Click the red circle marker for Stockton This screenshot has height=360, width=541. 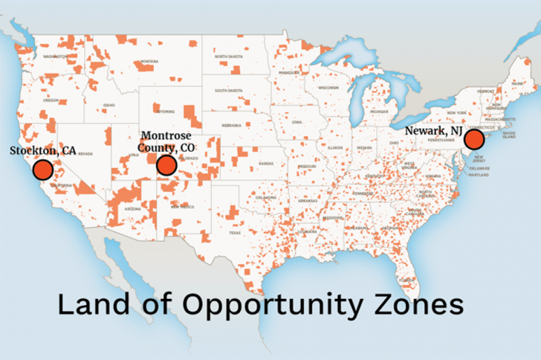pos(43,170)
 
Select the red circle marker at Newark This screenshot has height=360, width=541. pos(473,141)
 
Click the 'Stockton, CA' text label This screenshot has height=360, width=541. pos(42,150)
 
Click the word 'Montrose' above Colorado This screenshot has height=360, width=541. pos(166,136)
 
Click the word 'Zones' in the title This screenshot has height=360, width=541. pos(419,305)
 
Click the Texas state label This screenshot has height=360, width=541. pos(235,233)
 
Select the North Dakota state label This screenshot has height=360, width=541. pos(230,57)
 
